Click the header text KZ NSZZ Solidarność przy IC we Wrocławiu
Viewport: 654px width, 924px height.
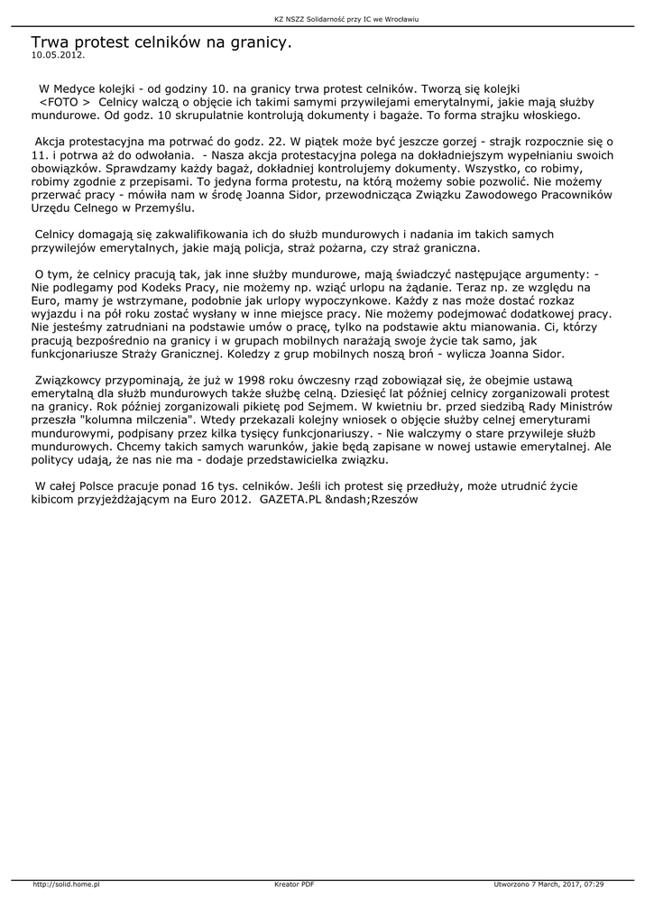point(327,17)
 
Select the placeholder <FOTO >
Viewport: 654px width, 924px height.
point(65,103)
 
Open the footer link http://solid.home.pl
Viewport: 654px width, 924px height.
point(66,884)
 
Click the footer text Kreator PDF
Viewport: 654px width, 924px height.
point(294,884)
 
